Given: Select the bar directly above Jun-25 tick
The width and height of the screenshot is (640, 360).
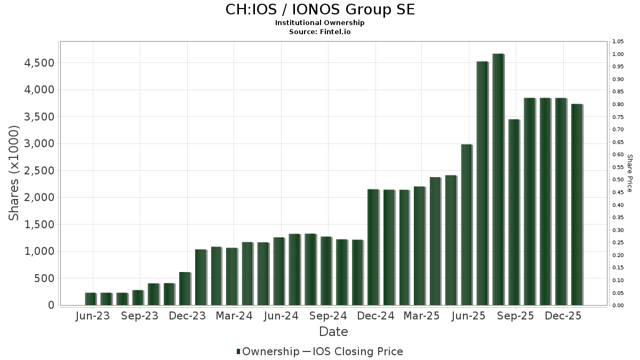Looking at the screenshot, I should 467,225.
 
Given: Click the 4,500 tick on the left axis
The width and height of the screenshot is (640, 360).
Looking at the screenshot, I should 39,63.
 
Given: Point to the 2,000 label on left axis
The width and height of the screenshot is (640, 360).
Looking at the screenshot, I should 39,197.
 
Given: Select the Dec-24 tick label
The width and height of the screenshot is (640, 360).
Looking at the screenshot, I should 376,316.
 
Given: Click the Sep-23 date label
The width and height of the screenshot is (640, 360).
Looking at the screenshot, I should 140,316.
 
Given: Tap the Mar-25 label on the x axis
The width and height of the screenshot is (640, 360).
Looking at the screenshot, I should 421,316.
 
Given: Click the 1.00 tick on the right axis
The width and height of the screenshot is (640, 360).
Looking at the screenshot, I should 618,54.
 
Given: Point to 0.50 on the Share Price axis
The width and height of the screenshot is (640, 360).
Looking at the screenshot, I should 618,180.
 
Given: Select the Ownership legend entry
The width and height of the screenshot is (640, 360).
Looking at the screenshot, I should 268,351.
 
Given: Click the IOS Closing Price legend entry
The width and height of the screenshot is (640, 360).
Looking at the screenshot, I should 353,351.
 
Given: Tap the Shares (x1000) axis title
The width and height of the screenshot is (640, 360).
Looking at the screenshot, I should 14,173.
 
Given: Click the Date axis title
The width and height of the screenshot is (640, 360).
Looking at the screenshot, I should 333,332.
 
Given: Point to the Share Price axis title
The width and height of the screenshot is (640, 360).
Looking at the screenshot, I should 629,173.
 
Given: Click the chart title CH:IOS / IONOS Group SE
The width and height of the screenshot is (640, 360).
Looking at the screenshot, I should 320,10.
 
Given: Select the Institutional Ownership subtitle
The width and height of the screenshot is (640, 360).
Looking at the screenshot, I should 320,23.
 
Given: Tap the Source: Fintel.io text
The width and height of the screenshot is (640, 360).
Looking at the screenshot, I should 320,31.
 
